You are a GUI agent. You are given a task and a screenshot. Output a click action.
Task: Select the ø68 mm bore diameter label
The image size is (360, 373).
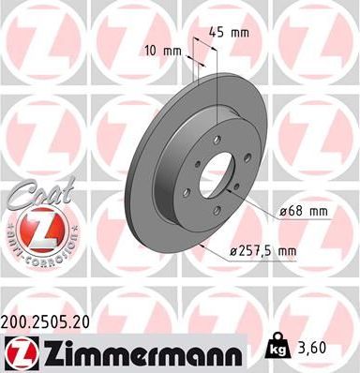(306, 211)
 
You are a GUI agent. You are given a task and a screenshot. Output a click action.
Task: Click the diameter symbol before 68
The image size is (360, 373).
(282, 211)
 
